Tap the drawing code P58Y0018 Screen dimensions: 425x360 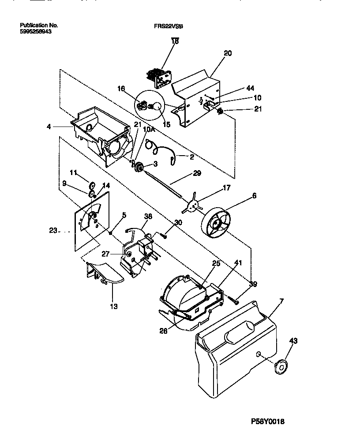(271, 421)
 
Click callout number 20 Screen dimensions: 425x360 (227, 53)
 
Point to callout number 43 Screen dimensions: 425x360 (293, 341)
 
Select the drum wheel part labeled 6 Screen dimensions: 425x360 (217, 224)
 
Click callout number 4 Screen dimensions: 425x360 (49, 127)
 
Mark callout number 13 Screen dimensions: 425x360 (114, 306)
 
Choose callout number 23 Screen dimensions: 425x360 (53, 230)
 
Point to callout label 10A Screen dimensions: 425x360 (149, 129)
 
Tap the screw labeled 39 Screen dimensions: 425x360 (234, 301)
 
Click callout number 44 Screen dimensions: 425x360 (250, 88)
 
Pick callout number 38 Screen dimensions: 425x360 (148, 216)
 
